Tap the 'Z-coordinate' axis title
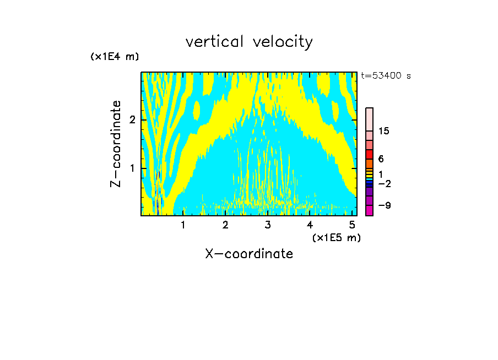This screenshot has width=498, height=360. tap(116, 144)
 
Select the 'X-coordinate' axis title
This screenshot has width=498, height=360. tap(249, 254)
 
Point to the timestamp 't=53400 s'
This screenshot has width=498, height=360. tap(386, 76)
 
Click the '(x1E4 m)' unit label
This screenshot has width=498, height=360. tap(115, 57)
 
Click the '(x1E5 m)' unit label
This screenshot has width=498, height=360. tap(336, 237)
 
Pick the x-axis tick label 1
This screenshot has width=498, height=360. tap(183, 225)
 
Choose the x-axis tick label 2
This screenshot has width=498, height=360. tap(225, 225)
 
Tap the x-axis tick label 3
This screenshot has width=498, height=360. tap(268, 225)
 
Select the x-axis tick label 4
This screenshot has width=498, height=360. tap(310, 225)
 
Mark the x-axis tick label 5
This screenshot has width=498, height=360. tap(352, 225)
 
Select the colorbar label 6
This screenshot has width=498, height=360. tap(381, 159)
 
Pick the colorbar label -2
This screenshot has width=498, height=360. tap(384, 183)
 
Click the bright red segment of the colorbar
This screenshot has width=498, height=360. tap(369, 154)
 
